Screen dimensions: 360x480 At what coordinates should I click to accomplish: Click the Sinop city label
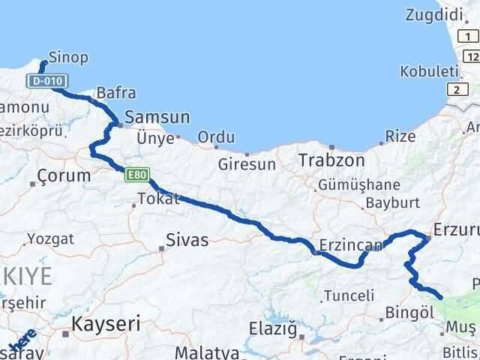[x=68, y=57]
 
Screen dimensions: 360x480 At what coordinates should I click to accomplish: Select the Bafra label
[x=116, y=94]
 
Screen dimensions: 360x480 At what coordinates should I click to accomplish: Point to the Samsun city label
[x=157, y=118]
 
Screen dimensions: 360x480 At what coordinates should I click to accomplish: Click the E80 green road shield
[x=136, y=175]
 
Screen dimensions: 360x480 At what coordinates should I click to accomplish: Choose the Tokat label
[x=158, y=199]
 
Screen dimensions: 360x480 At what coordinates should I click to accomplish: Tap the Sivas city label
[x=187, y=241]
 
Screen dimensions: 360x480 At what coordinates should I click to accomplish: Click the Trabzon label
[x=331, y=160]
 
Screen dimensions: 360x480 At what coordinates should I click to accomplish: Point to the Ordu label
[x=216, y=138]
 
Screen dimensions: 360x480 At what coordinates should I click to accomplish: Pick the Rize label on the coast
[x=400, y=136]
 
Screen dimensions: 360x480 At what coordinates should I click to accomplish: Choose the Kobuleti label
[x=428, y=71]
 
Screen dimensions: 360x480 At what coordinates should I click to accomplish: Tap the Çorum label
[x=64, y=177]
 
